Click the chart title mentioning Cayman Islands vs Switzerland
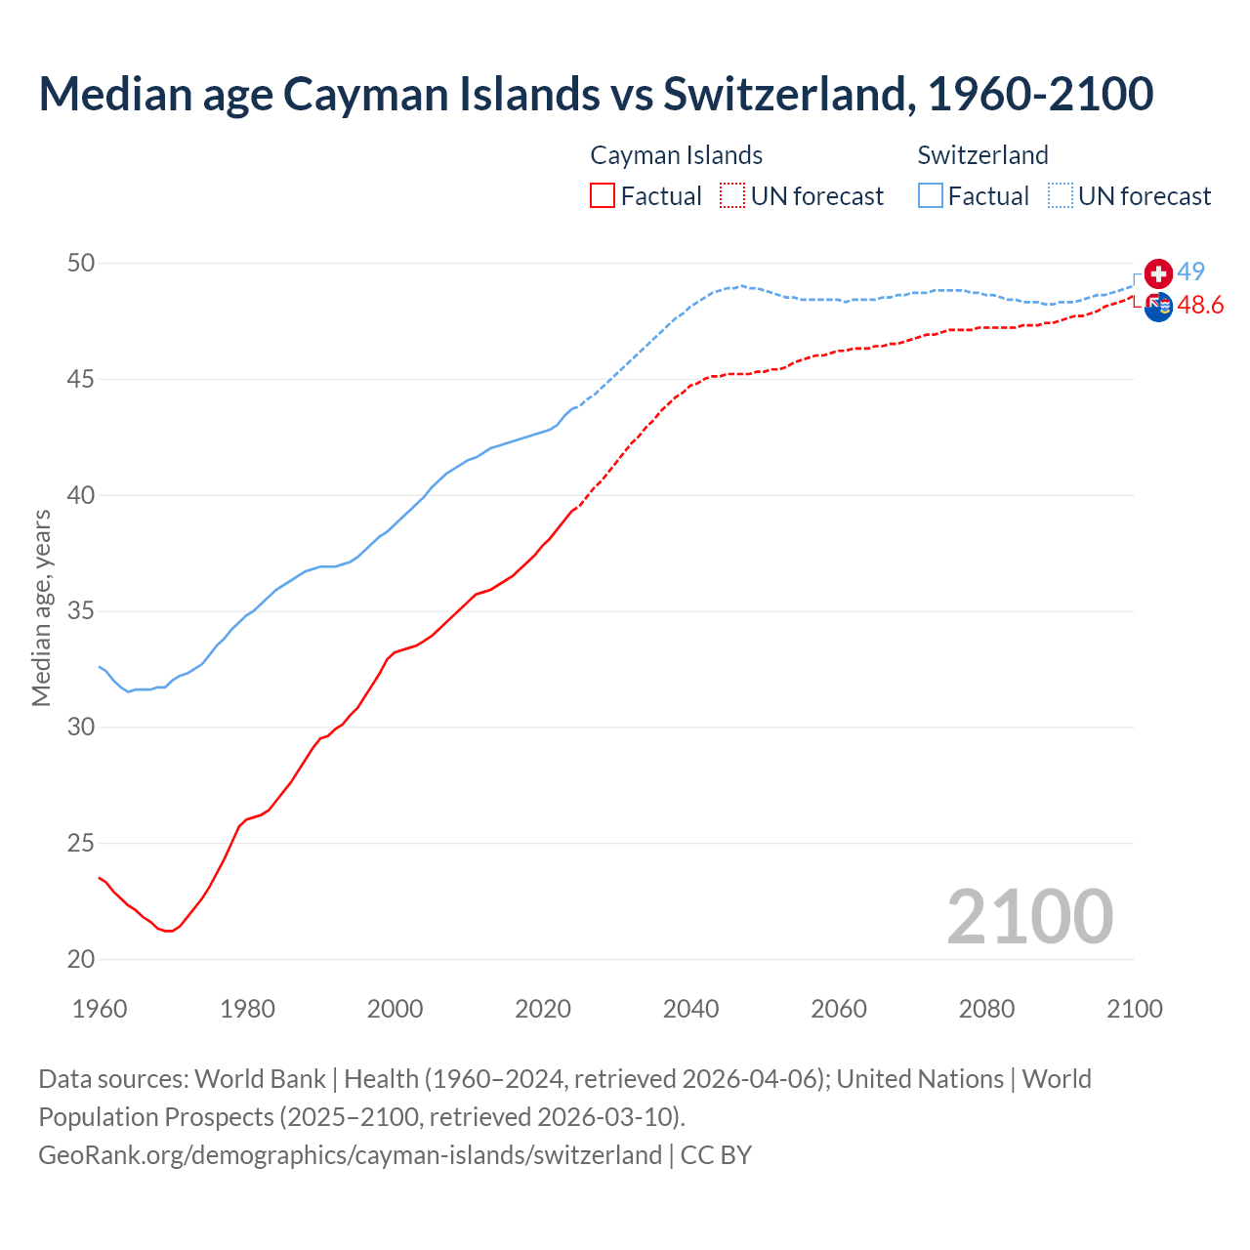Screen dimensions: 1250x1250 tap(596, 94)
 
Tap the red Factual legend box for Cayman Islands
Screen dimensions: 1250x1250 tap(603, 195)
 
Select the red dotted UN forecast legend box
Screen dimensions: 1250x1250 tap(732, 195)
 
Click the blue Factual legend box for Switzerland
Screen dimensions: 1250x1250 tap(931, 195)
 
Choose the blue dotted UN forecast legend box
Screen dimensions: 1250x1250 tap(1061, 195)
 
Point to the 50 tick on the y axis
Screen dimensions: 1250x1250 tap(81, 263)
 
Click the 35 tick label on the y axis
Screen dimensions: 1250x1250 tap(81, 611)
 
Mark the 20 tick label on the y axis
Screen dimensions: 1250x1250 tap(81, 959)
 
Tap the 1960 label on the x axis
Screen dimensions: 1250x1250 tap(100, 1009)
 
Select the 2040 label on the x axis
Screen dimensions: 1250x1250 tap(690, 1009)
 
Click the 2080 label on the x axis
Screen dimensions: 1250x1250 tap(986, 1009)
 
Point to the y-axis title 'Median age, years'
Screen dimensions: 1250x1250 tap(41, 607)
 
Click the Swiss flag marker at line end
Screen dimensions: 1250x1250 tap(1158, 274)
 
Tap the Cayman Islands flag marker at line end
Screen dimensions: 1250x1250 tap(1158, 307)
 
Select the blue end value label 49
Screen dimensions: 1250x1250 tap(1190, 271)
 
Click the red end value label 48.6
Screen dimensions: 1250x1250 tap(1200, 306)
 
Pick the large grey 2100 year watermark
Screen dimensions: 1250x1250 tap(1029, 916)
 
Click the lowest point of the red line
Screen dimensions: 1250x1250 tap(169, 931)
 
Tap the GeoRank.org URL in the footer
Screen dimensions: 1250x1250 tap(350, 1154)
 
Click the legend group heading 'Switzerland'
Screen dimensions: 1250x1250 tap(982, 155)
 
